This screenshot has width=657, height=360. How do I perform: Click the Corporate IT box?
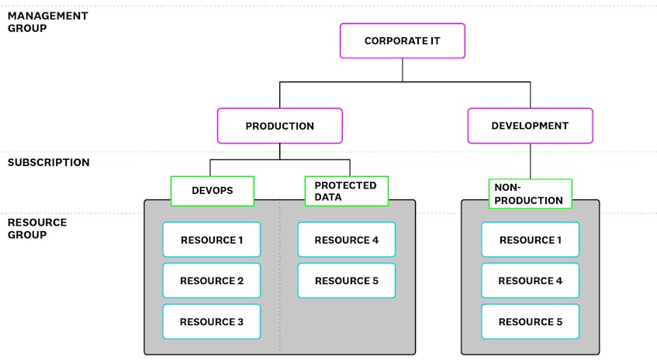pos(402,40)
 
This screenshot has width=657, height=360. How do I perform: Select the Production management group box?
pos(279,126)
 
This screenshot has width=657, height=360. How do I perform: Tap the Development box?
pos(530,126)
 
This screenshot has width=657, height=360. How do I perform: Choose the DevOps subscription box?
pos(213,191)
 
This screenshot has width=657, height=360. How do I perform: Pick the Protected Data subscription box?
pos(346,191)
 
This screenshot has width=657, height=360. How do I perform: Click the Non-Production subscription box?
pos(530,194)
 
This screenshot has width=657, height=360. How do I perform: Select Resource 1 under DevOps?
pos(211,240)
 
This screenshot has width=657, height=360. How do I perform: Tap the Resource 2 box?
pos(211,281)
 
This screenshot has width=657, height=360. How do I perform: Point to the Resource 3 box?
pos(211,321)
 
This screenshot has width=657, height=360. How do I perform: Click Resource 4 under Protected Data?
pos(346,240)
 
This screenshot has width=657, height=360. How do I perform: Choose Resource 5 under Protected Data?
pos(346,281)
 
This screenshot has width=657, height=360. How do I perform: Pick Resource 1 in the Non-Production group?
pos(530,240)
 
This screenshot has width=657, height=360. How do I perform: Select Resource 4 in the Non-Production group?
pos(530,281)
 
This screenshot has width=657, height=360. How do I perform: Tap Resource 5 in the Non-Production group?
pos(530,321)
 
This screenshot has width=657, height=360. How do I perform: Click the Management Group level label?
pos(47,22)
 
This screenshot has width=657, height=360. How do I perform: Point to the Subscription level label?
pos(48,163)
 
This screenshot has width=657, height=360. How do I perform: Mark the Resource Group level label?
pos(37,228)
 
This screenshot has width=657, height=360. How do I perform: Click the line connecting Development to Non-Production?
pos(531,161)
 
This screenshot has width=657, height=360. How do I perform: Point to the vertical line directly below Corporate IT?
pos(402,70)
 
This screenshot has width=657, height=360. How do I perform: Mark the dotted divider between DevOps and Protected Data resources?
pos(280,295)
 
